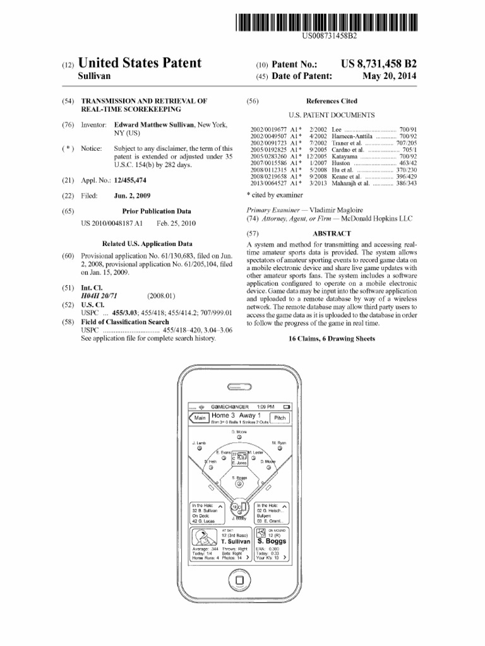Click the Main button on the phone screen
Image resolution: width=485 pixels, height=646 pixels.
click(201, 418)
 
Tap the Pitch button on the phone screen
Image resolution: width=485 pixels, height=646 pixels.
click(280, 418)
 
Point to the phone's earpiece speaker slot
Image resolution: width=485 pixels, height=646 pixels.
click(241, 387)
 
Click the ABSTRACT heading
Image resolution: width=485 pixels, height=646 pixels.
click(332, 233)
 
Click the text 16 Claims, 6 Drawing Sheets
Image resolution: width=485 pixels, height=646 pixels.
click(332, 339)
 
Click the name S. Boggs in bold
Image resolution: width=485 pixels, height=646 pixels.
click(272, 541)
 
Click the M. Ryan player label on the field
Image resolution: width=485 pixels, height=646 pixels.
click(279, 443)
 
